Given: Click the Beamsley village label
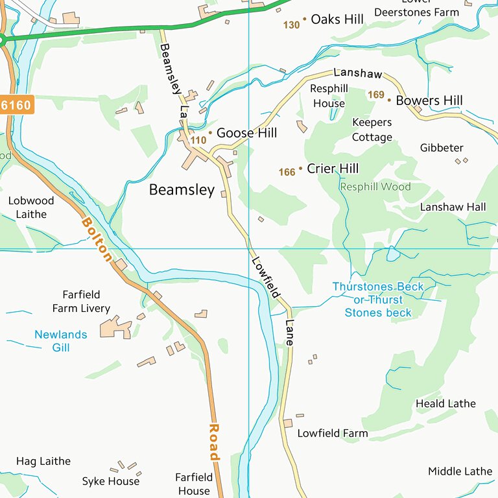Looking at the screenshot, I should (182, 190).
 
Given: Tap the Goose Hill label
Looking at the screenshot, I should (246, 133).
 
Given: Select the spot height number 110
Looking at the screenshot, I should (198, 140).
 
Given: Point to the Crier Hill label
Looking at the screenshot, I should (332, 169).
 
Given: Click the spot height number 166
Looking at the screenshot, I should (287, 172).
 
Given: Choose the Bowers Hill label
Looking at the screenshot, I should (429, 101).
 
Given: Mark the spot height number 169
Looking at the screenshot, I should (376, 95).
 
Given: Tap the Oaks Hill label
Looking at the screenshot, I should (337, 19).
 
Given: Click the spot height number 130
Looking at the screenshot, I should (292, 25).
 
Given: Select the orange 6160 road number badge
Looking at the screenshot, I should (16, 104).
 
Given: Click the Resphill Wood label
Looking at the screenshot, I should (375, 187).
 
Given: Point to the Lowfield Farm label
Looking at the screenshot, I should (332, 433).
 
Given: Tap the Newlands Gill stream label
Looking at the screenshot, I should (60, 341).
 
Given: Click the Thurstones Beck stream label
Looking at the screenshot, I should (377, 300).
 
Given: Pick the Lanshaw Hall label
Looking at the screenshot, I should (453, 207).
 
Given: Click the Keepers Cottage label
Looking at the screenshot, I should (372, 130).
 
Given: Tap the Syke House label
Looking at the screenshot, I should (110, 481).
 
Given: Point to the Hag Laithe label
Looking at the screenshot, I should (43, 462).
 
